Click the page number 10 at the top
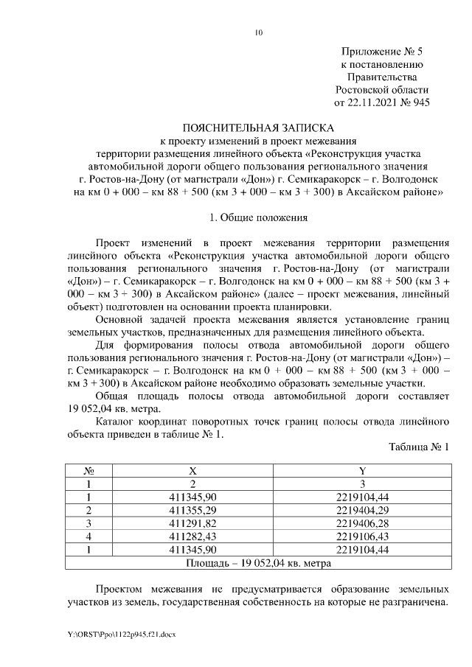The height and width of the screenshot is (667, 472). [x=258, y=32]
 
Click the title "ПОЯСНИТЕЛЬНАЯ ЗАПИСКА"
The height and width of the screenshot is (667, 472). [x=258, y=128]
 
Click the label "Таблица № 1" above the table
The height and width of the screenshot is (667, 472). [x=418, y=447]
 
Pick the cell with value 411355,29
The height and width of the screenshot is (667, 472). [x=193, y=510]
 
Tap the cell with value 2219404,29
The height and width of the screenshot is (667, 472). [x=362, y=510]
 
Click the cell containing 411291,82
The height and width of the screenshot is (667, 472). [x=193, y=523]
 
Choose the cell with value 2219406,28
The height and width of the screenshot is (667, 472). [x=362, y=523]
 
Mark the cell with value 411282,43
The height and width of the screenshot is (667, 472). [x=193, y=537]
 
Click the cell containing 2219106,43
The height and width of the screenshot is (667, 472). [x=362, y=537]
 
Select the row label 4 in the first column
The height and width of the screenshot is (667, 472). [x=88, y=537]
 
